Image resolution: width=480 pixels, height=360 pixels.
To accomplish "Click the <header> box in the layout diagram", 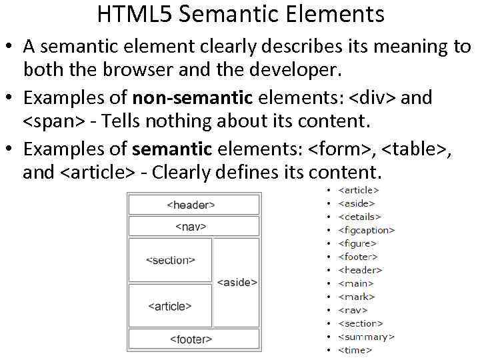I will tap(193, 205).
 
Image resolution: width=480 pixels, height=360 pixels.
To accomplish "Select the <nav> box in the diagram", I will tap(193, 227).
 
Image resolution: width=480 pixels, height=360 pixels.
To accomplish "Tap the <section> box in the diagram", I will tap(170, 260).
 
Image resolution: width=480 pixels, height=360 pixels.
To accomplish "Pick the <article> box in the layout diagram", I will tap(170, 306).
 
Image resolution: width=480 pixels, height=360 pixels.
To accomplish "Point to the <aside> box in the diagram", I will tap(237, 282).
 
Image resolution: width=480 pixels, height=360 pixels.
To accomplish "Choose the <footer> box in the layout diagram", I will tap(193, 339).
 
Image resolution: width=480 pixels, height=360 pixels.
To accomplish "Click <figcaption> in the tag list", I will tap(366, 230).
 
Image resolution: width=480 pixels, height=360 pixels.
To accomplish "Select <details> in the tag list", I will tap(359, 217).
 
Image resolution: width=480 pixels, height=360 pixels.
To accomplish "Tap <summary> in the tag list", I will tap(366, 337).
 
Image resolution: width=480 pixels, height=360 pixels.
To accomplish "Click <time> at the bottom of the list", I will tap(355, 350).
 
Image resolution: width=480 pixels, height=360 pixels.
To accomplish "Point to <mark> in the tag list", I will tap(356, 297).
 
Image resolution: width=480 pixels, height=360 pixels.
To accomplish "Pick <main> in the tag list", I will tap(356, 283).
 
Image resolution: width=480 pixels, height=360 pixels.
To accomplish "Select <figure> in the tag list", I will tap(357, 243).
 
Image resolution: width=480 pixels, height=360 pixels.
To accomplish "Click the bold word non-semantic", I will tap(193, 98).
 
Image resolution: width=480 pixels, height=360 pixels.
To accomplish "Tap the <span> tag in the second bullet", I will tap(54, 122).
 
